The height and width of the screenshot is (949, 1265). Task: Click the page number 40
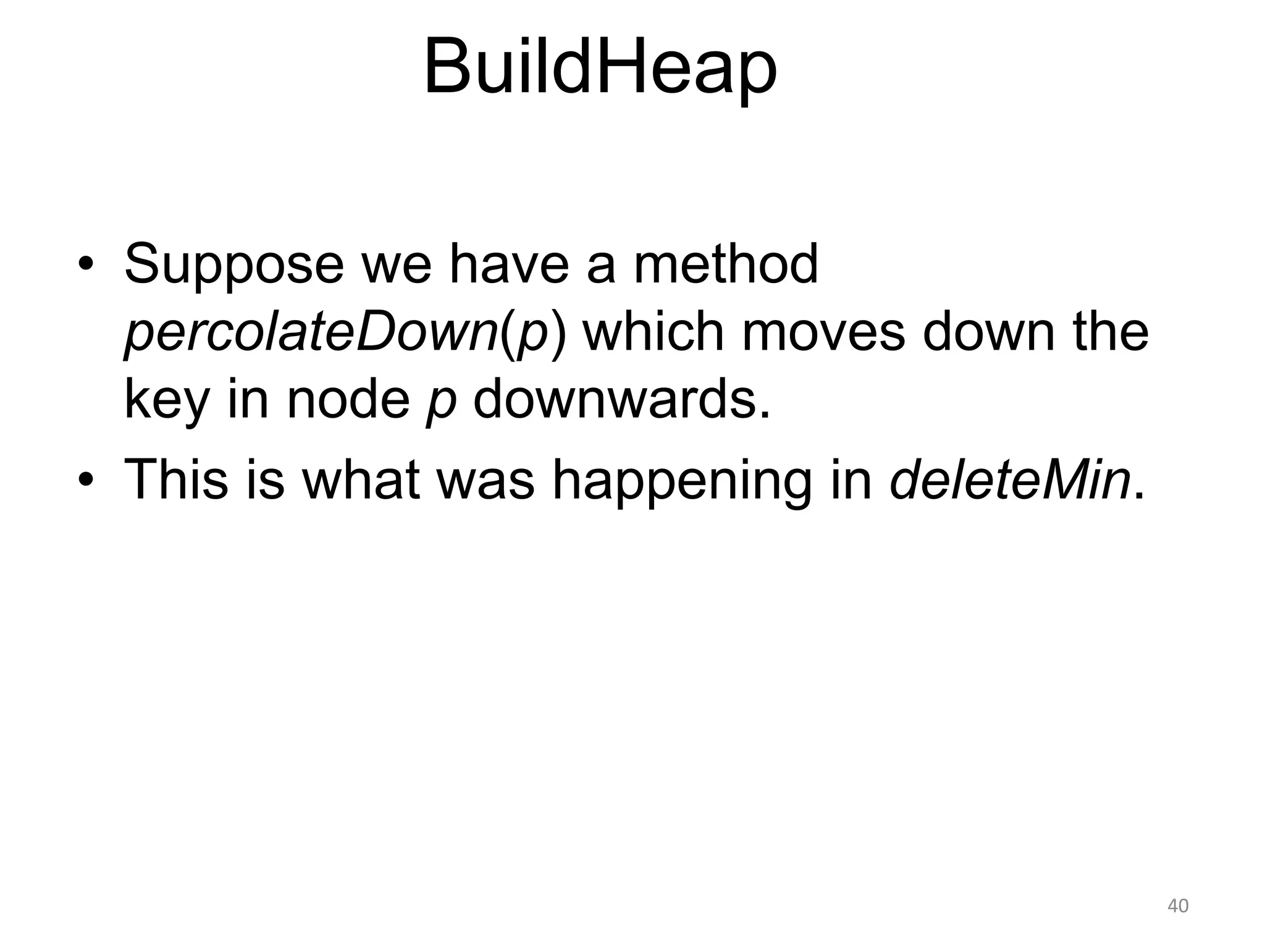pos(1177,906)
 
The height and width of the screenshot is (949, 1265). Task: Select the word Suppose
pos(233,264)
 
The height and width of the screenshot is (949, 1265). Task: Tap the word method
pos(726,264)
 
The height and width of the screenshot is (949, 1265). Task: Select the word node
pos(348,400)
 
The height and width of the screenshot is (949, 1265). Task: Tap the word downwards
pos(622,400)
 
